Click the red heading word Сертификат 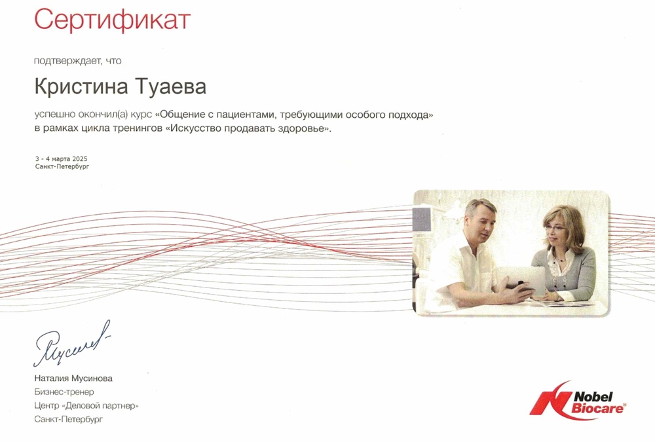tap(112, 20)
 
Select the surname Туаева tap(171, 87)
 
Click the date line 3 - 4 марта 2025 tap(62, 158)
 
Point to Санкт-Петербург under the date tap(62, 167)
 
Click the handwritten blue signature tap(72, 343)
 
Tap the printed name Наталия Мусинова tap(73, 378)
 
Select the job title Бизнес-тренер tap(64, 392)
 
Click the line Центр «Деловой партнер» tap(86, 405)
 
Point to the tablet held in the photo tap(520, 280)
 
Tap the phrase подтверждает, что tap(78, 61)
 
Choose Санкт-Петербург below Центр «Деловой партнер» tap(69, 419)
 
